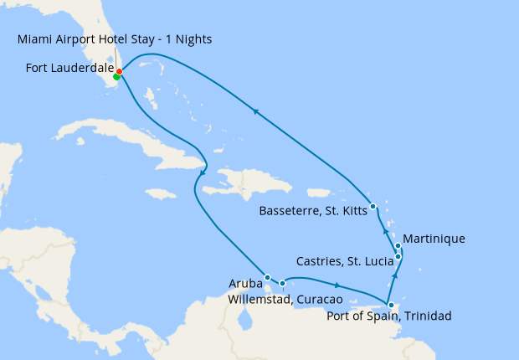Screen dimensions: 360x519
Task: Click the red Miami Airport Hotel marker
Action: click(x=120, y=71)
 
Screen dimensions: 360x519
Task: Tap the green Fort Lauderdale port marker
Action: click(x=116, y=77)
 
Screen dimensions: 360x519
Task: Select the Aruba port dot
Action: click(x=267, y=277)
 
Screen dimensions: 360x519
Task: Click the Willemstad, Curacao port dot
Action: click(x=283, y=284)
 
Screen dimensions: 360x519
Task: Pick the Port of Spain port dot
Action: click(x=391, y=306)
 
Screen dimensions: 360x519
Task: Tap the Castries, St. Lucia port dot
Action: click(x=398, y=257)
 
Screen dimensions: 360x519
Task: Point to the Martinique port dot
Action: click(x=398, y=246)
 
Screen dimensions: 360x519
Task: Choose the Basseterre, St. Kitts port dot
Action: click(x=373, y=206)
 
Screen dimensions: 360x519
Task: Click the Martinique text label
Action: click(x=434, y=239)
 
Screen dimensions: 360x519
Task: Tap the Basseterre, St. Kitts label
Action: click(x=313, y=210)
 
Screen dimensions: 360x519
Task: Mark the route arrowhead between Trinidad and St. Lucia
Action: click(x=395, y=274)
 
